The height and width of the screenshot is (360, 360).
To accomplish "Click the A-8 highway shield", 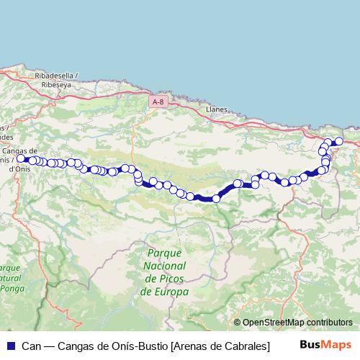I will [x=159, y=103].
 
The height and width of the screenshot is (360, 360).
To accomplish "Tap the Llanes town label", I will [x=217, y=109].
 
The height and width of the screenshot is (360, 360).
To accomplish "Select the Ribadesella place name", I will [x=54, y=75].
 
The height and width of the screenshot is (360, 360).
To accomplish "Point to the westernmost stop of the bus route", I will [x=21, y=158].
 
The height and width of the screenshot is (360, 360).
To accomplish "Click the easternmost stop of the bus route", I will [x=339, y=141].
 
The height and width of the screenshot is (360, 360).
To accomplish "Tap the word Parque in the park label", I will [x=163, y=253].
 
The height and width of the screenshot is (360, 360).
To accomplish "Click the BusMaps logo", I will [x=325, y=346].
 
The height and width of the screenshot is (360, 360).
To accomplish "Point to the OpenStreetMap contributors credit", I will [x=297, y=323].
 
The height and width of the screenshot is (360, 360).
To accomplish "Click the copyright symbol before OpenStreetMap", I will [x=237, y=323].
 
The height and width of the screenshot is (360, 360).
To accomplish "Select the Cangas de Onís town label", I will [x=20, y=150].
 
